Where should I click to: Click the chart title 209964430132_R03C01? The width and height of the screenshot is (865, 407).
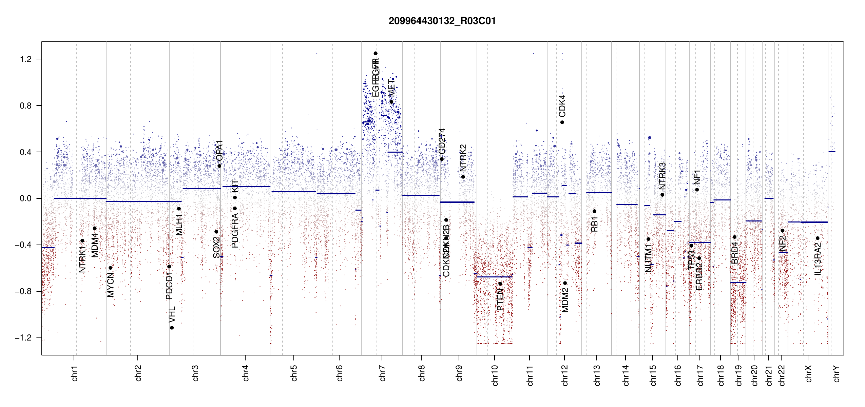[x=442, y=21]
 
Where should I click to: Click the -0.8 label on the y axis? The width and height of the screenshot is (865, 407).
[x=23, y=291]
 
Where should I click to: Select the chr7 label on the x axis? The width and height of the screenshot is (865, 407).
[x=382, y=373]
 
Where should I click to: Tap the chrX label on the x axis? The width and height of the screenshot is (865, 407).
[x=808, y=373]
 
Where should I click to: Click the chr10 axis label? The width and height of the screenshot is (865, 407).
[x=495, y=375]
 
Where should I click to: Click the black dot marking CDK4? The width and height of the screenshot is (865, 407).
[x=562, y=122]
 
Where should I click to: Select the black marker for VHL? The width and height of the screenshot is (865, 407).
[x=172, y=328]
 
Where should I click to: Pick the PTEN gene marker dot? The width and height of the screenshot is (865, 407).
[x=500, y=284]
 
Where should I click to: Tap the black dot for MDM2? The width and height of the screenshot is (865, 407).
[x=565, y=283]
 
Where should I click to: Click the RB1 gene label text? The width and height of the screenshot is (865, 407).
[x=594, y=224]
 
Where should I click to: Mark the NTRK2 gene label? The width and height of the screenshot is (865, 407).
[x=463, y=158]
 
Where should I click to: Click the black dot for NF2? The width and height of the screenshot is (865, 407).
[x=782, y=231]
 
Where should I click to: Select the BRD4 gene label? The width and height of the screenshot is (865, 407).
[x=734, y=253]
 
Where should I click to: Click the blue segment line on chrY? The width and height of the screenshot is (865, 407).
[x=832, y=152]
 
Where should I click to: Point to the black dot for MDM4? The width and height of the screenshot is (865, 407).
[x=95, y=228]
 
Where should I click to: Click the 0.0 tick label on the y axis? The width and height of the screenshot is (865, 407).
[x=26, y=198]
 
